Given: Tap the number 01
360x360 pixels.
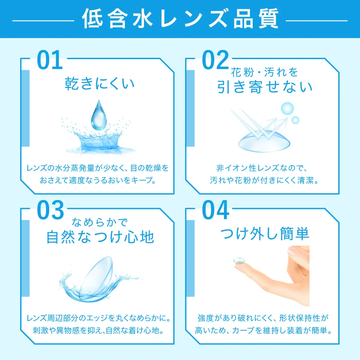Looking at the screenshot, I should point(50,60).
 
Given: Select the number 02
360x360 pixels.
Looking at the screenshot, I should point(215,60).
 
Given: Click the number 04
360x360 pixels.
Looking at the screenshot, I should point(216,210).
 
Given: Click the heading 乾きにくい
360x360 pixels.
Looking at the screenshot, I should point(100,84).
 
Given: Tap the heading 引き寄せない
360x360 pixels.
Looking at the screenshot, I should point(265,87).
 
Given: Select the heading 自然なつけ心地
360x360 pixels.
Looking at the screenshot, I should point(100,237).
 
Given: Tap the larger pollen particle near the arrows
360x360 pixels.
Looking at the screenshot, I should point(287,108).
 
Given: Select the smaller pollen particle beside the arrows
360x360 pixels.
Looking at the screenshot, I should point(295,120).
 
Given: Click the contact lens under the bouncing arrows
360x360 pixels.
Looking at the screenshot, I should point(263,142).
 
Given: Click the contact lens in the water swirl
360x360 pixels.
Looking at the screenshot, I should point(99,277).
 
